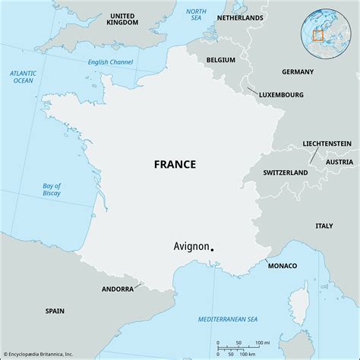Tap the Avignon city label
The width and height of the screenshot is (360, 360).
(x=188, y=247)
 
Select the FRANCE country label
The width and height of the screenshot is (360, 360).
(x=175, y=164)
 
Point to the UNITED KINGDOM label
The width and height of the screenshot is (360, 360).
(x=122, y=20)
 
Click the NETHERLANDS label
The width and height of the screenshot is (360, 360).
(x=240, y=17)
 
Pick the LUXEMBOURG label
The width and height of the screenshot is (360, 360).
(x=282, y=95)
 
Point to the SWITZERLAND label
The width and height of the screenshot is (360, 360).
(x=286, y=173)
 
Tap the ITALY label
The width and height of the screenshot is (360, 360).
(x=324, y=226)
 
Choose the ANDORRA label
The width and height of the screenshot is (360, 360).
(x=118, y=289)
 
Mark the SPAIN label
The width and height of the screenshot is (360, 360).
(x=55, y=311)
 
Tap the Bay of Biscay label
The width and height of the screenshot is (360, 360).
(x=51, y=191)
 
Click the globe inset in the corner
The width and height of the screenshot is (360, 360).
(x=324, y=34)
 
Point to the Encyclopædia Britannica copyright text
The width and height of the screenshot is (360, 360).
(x=47, y=353)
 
